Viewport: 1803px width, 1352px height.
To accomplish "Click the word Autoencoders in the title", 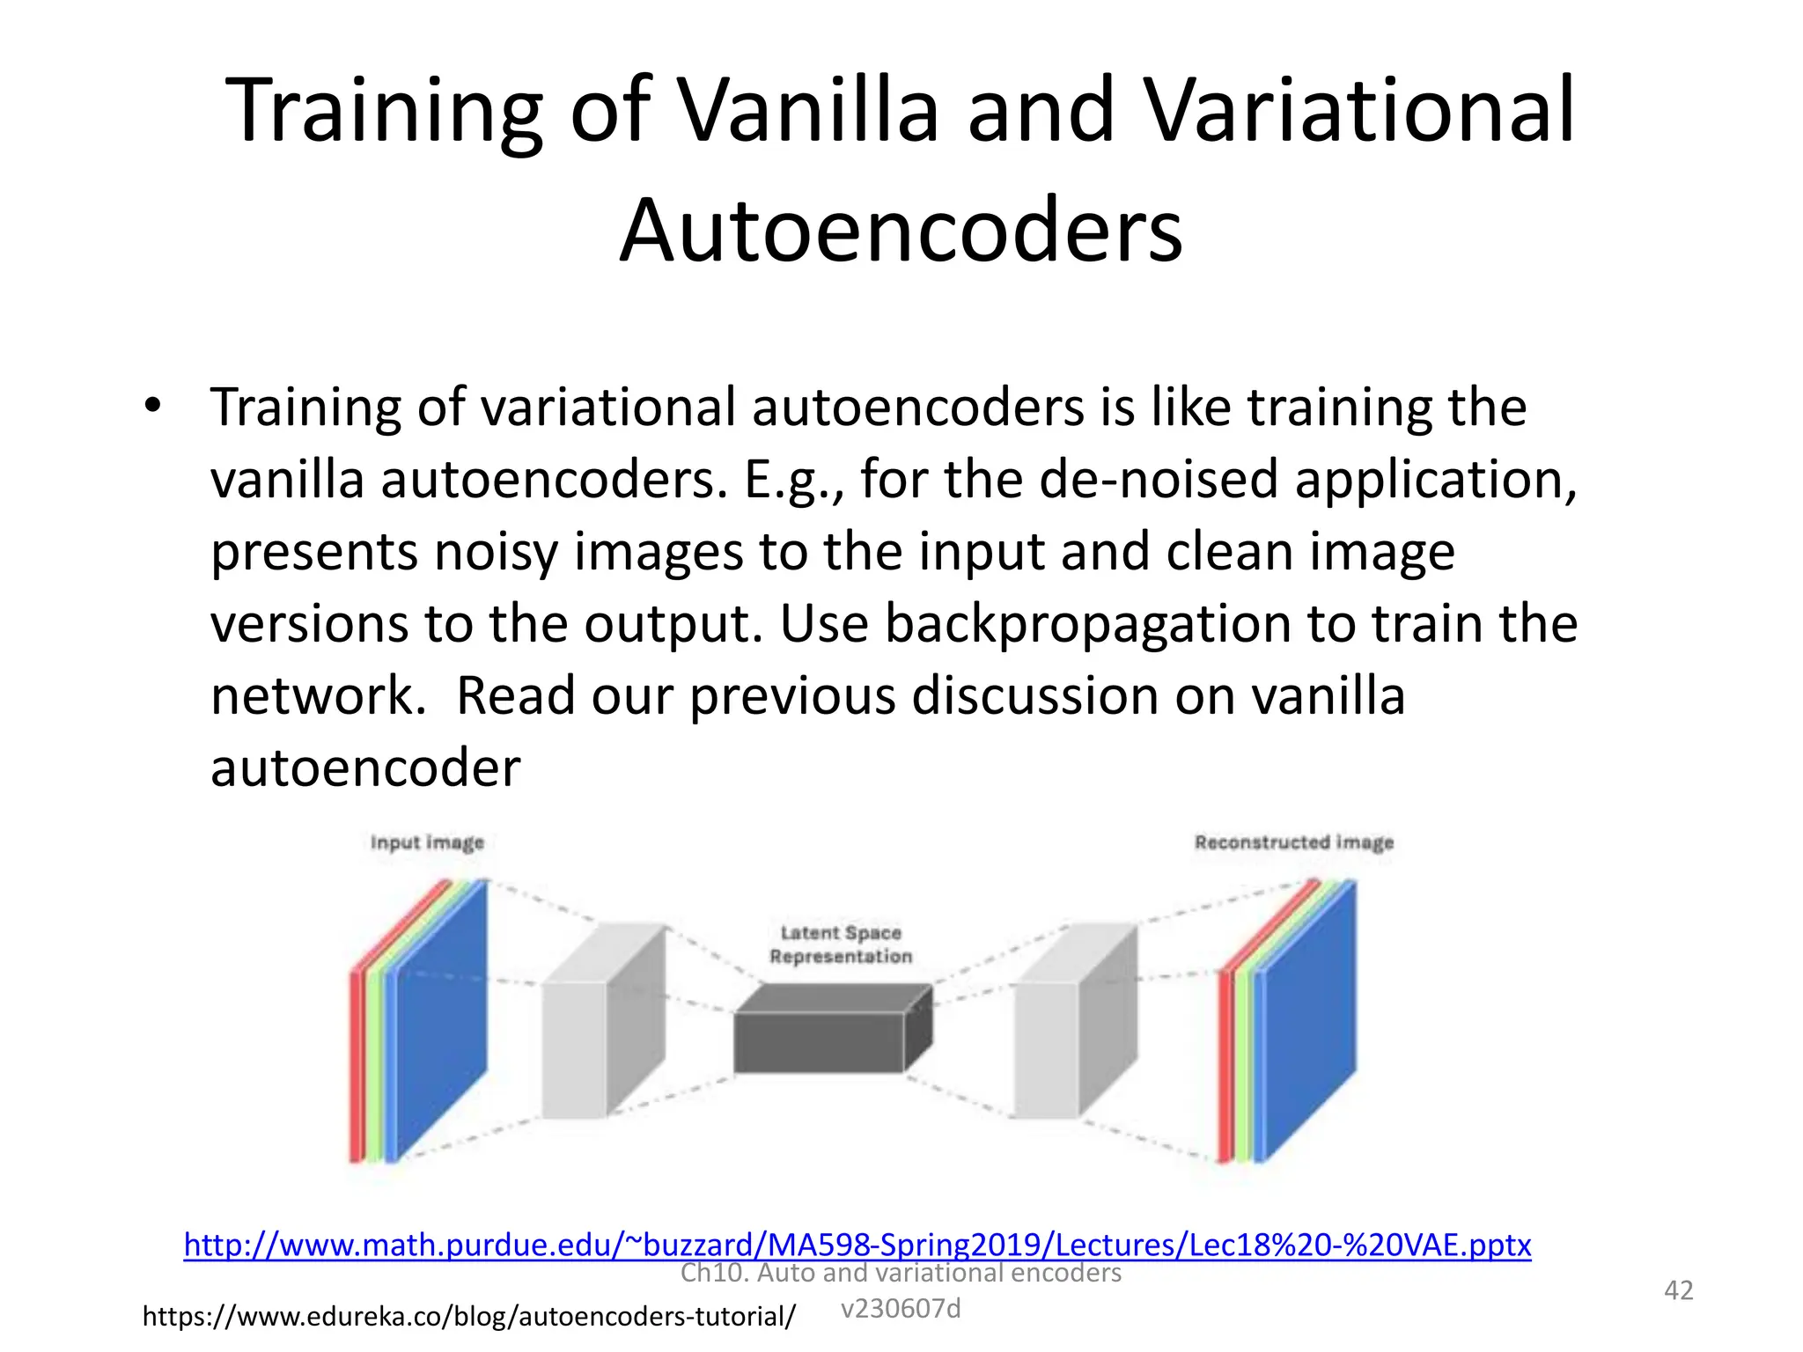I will coord(901,231).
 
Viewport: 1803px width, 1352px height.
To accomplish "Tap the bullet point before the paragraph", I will coord(153,406).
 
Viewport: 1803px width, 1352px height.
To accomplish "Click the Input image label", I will coord(427,842).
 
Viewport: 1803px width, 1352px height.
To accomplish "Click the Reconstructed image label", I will coord(1293,842).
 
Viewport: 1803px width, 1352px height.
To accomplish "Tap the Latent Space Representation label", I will coord(840,944).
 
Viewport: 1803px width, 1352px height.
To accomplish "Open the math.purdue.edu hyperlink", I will coord(857,1245).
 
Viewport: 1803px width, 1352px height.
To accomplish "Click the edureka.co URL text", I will coord(468,1317).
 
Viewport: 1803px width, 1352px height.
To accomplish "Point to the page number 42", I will coord(1678,1290).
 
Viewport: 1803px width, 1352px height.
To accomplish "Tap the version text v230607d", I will coord(900,1309).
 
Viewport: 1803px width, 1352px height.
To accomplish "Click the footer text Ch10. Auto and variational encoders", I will coord(900,1274).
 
